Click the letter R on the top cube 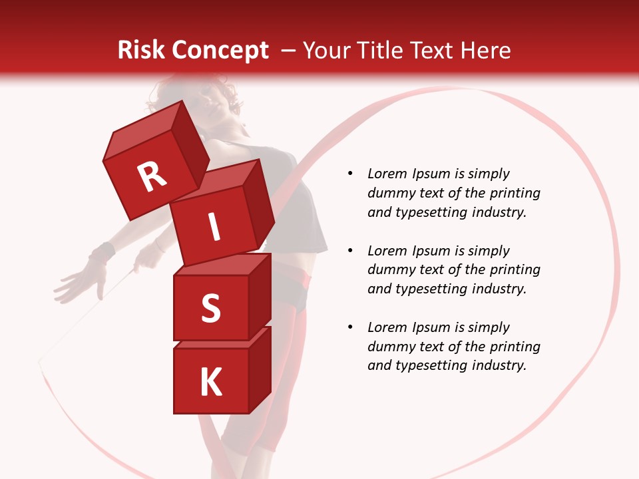152,177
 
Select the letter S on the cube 210,308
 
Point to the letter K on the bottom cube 210,383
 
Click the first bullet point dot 350,174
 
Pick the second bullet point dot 350,251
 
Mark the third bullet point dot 350,328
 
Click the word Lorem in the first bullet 387,174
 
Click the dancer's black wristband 102,252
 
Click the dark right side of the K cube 260,369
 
